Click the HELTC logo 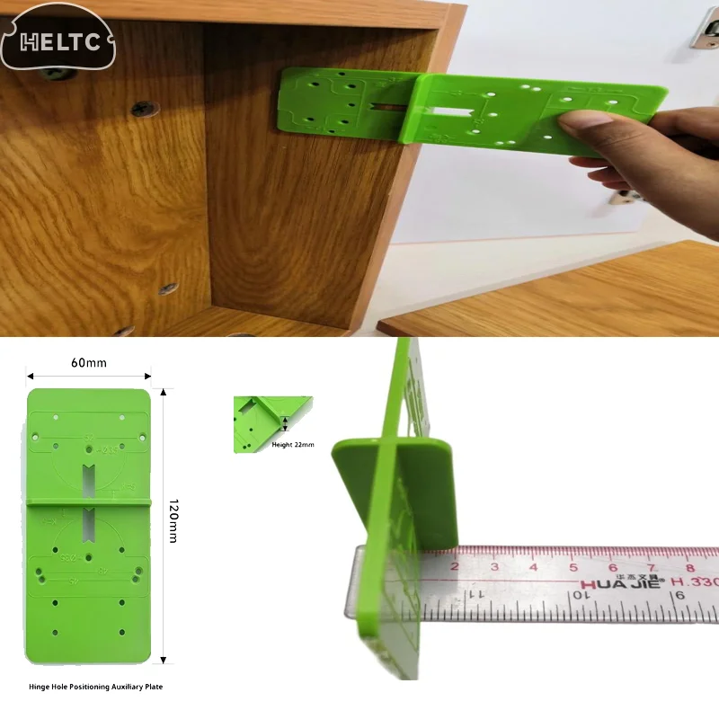[58, 41]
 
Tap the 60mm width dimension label [89, 362]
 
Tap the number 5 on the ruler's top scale [573, 566]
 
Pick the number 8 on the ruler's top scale [690, 568]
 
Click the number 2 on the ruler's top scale [454, 566]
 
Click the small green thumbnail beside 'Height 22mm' [261, 422]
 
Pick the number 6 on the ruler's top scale [612, 567]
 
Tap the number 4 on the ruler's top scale [533, 566]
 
